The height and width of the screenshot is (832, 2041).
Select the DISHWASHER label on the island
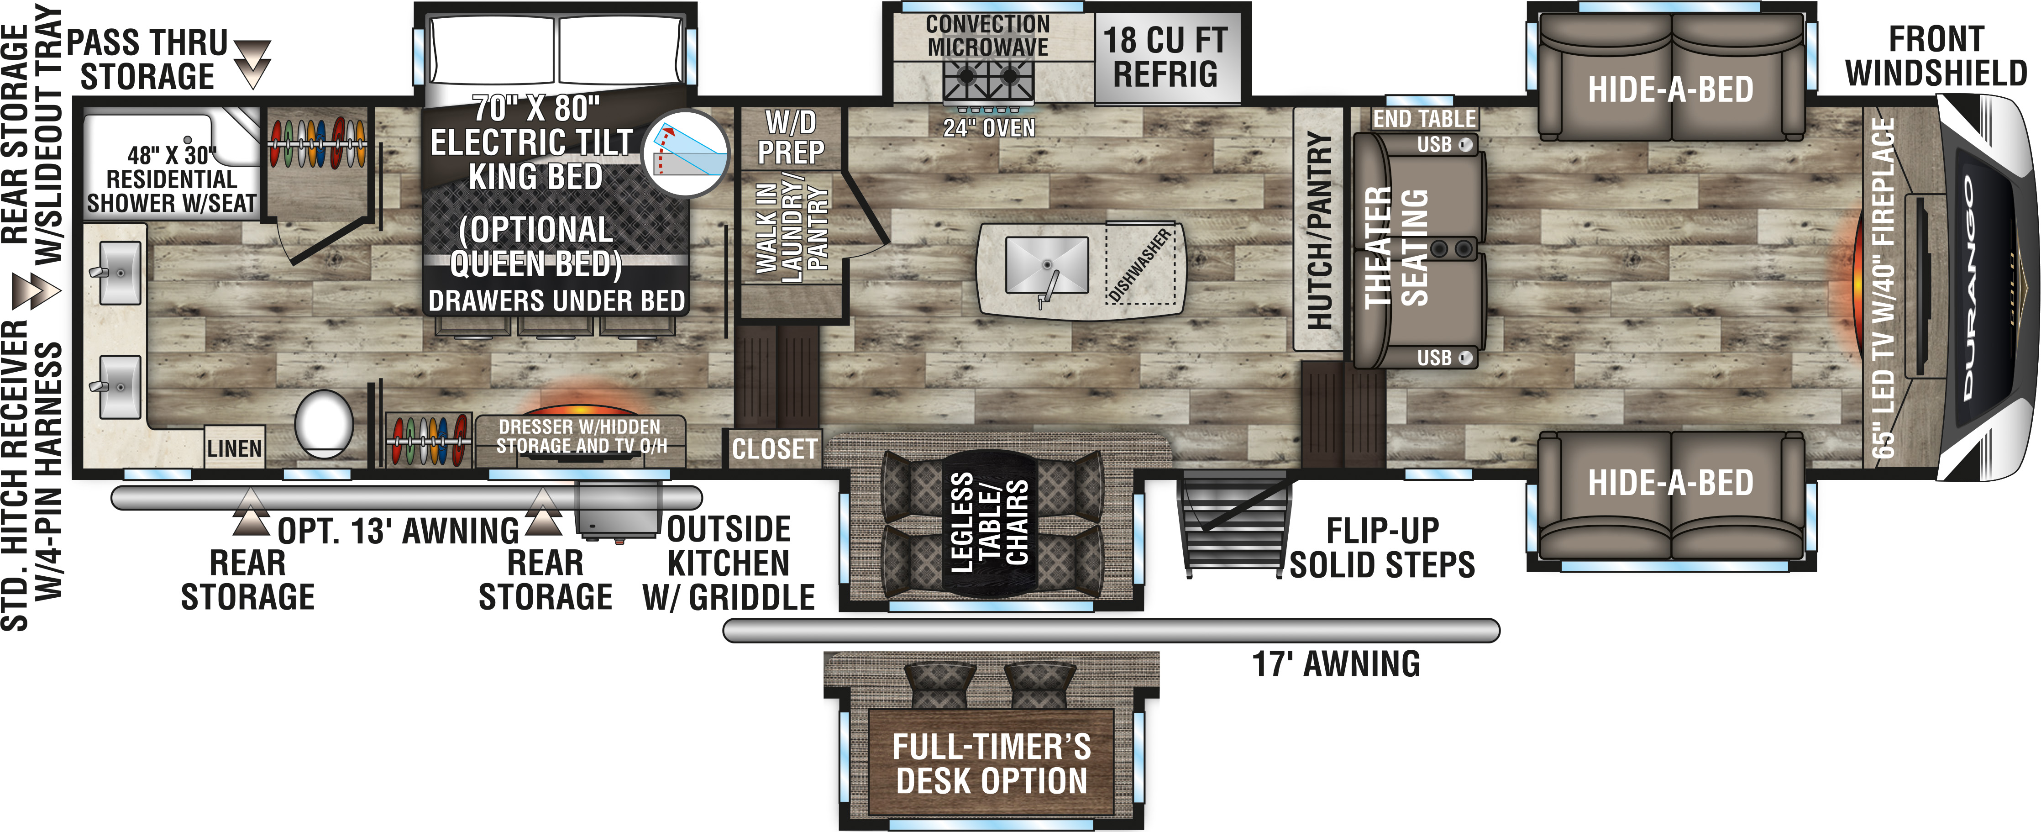[x=1140, y=265]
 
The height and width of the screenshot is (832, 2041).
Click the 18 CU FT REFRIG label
[x=1165, y=57]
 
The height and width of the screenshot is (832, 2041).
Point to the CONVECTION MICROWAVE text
[x=987, y=36]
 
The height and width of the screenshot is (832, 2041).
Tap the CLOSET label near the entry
[x=774, y=449]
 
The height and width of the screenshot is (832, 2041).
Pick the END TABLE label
[x=1425, y=119]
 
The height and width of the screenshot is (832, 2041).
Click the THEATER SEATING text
[x=1396, y=247]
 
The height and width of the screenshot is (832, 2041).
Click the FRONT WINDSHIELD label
[x=1936, y=56]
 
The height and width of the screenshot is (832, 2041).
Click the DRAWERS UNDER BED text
[x=556, y=301]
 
